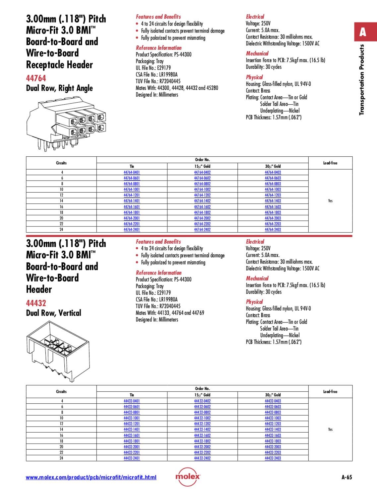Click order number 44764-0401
132,172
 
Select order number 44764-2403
273,229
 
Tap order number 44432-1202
202,424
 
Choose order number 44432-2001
132,447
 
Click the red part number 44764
36,78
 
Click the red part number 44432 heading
36,303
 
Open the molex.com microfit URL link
91,477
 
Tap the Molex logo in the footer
188,476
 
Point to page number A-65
346,477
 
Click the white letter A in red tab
363,32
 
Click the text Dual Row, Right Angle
59,88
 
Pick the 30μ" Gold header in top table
273,166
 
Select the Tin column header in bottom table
132,395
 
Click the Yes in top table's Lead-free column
330,201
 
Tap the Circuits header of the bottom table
61,392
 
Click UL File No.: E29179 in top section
153,68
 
